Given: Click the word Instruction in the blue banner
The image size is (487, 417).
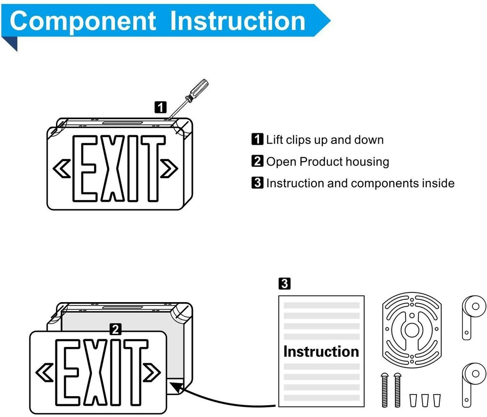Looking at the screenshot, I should [239, 21].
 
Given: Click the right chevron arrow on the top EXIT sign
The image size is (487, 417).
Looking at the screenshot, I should [171, 168].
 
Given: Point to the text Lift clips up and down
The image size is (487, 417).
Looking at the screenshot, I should [324, 140].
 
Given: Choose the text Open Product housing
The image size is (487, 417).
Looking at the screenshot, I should [327, 162].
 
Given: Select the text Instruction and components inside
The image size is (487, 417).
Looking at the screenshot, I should [360, 183].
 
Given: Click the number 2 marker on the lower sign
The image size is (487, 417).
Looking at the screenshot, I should [115, 330].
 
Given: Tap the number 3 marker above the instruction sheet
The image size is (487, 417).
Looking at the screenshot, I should [285, 283].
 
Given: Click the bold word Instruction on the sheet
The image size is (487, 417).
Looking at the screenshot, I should [321, 351].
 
